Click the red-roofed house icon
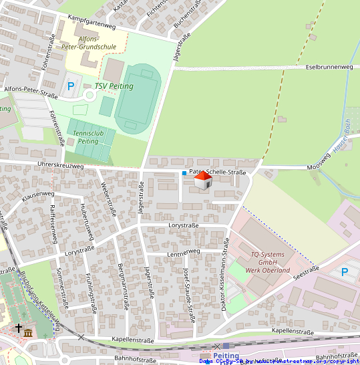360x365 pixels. click(202, 180)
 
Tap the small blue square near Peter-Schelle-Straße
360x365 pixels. click(184, 173)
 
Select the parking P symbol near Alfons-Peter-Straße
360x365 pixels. click(71, 86)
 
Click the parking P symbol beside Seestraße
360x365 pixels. click(345, 272)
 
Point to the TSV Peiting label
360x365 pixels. click(114, 86)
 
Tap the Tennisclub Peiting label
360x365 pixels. click(87, 138)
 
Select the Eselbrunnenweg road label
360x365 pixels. click(329, 68)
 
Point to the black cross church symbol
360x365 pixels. click(18, 328)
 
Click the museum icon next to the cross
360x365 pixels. click(28, 332)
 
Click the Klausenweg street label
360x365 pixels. click(37, 195)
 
